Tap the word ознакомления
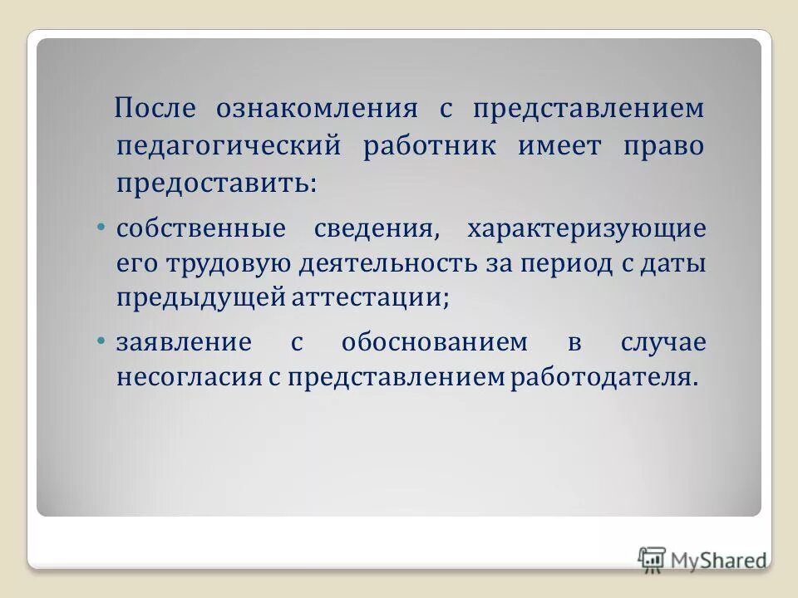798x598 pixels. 317,109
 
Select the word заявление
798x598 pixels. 184,342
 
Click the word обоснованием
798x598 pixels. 434,342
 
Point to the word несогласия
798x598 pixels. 189,378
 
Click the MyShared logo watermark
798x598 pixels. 703,559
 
